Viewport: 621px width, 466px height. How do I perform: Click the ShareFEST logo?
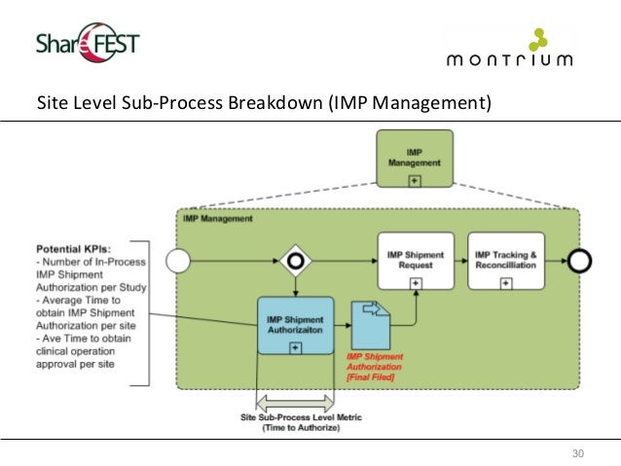pyautogui.click(x=88, y=42)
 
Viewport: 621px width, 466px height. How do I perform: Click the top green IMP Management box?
pyautogui.click(x=415, y=161)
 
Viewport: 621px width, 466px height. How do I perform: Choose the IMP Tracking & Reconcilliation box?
pyautogui.click(x=505, y=261)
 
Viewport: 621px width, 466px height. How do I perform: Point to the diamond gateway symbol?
pyautogui.click(x=295, y=261)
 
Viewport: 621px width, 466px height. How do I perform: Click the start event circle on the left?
pyautogui.click(x=178, y=261)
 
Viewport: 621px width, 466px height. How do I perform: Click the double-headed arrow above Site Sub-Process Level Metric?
pyautogui.click(x=295, y=402)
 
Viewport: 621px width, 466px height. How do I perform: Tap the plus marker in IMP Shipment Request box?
pyautogui.click(x=416, y=282)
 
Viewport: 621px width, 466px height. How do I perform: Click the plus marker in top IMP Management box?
pyautogui.click(x=415, y=181)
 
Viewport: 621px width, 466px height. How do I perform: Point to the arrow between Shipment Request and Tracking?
pyautogui.click(x=459, y=261)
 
